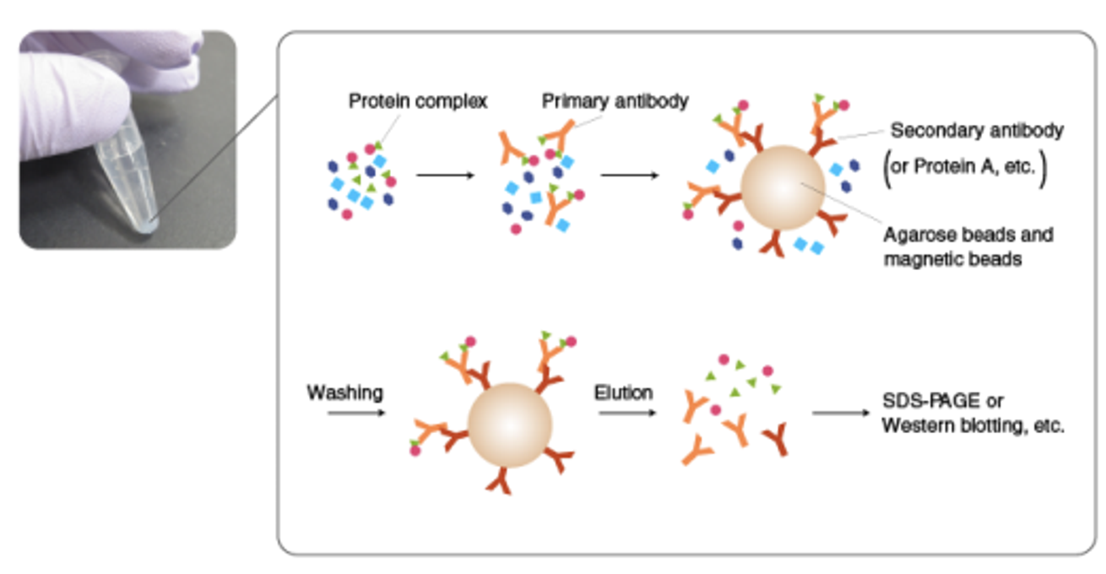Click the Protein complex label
tap(418, 102)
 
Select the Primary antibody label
tap(615, 101)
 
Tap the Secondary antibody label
tap(977, 131)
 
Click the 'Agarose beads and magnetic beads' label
tap(968, 246)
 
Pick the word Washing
tap(344, 393)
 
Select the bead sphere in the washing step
tap(509, 425)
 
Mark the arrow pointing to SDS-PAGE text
tap(840, 413)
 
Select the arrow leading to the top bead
tap(630, 176)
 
